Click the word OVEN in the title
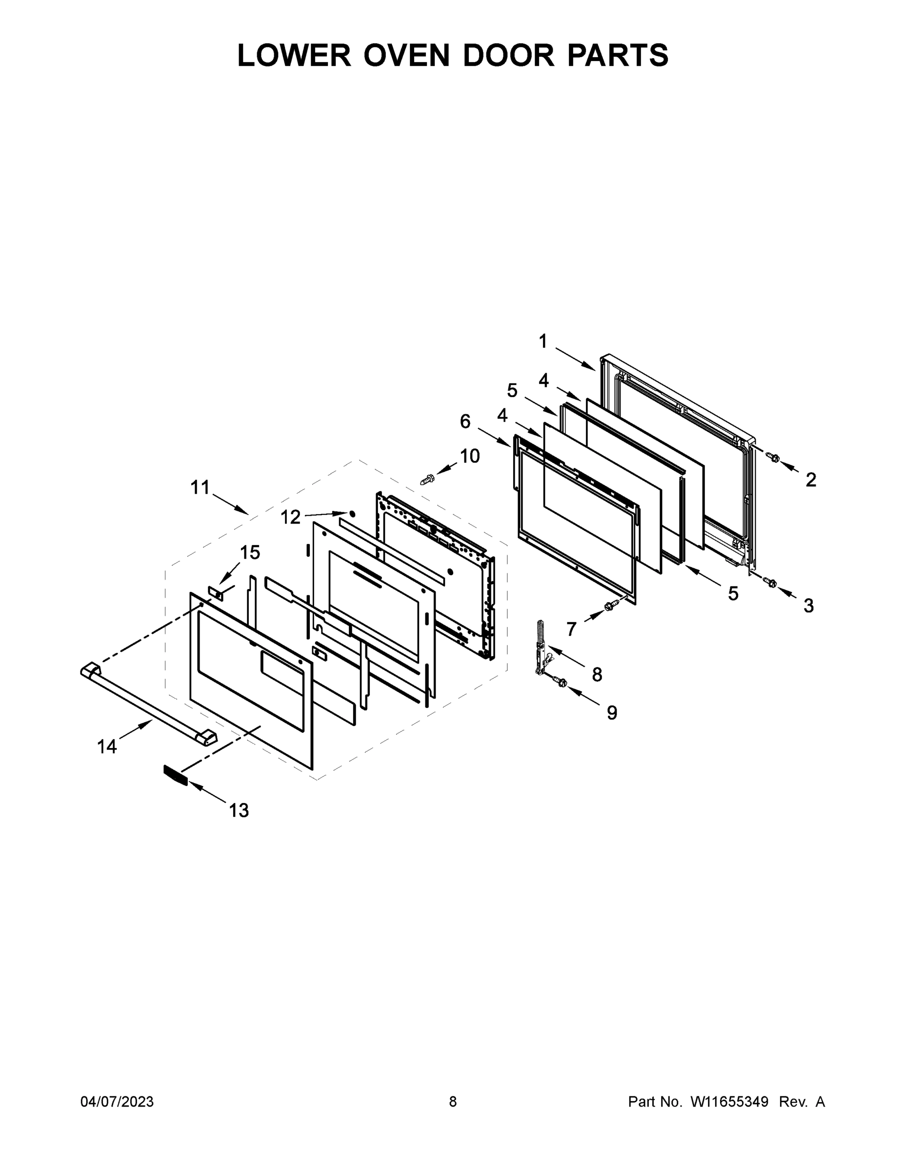(406, 55)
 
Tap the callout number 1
(543, 341)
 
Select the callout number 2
(811, 480)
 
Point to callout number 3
(808, 606)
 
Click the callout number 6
(465, 422)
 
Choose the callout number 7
(571, 629)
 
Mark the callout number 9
(612, 712)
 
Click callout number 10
(470, 456)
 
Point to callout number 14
(107, 747)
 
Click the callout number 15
(250, 552)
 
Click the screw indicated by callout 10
(427, 480)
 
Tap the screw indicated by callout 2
(773, 457)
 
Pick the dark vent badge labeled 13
(175, 775)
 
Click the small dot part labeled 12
(352, 513)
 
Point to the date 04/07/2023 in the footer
(117, 1101)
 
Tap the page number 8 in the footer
(453, 1101)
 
